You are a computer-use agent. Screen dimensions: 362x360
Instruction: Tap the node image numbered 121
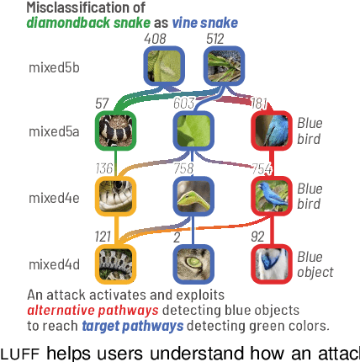click(x=115, y=263)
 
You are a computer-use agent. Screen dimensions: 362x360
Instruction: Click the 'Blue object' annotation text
click(x=315, y=264)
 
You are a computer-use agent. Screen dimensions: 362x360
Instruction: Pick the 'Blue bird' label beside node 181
click(x=310, y=130)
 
